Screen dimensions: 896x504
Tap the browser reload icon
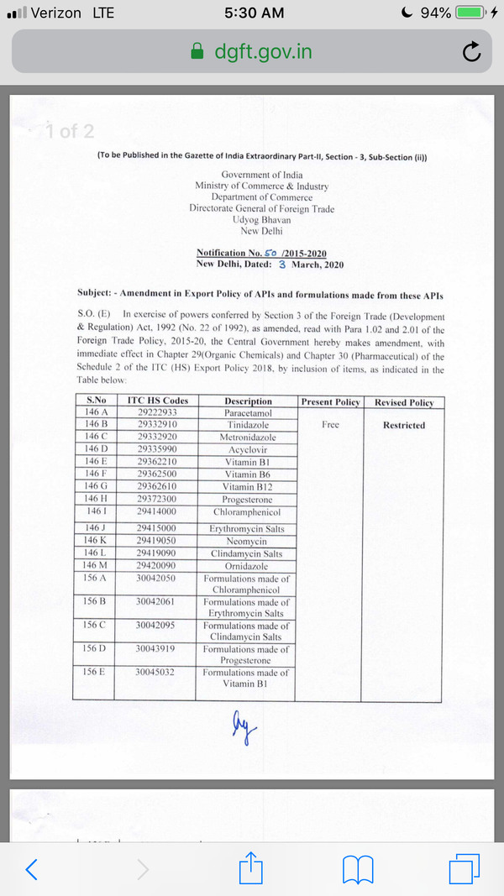(472, 53)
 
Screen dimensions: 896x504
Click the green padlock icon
(197, 52)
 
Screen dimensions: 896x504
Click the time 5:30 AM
(255, 13)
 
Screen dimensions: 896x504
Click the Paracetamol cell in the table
(249, 413)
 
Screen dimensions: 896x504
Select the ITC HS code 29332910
(158, 425)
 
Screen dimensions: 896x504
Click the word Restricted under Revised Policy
(404, 425)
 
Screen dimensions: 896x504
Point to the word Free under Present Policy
(330, 425)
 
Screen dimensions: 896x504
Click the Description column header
(249, 401)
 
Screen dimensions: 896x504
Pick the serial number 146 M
(99, 566)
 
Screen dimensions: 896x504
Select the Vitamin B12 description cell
(249, 487)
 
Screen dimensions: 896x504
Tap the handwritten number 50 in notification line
(270, 252)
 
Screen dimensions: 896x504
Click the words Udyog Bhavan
(261, 218)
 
